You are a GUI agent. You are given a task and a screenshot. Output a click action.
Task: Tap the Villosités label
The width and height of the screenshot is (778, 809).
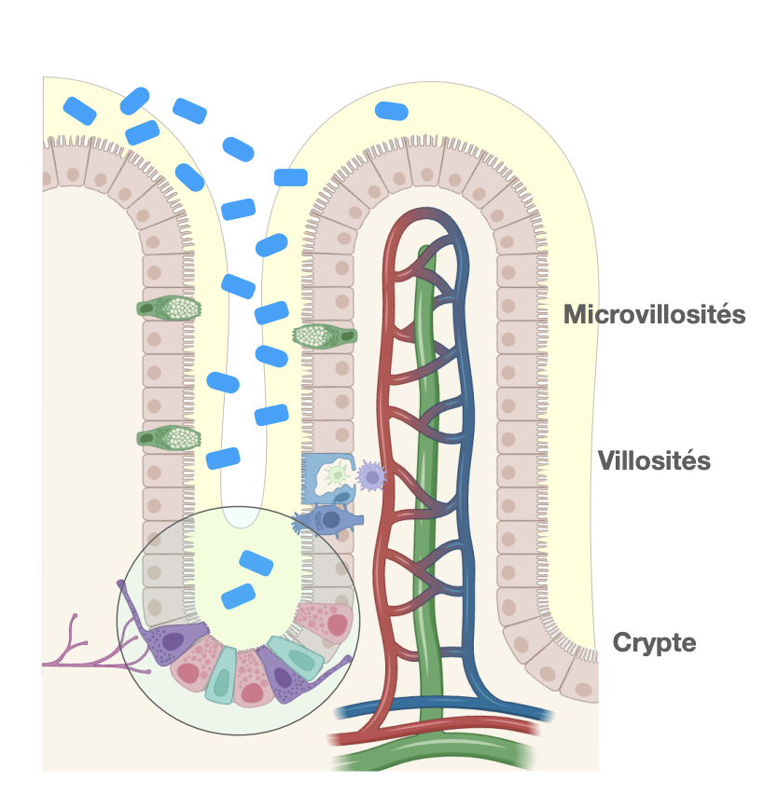[x=654, y=460]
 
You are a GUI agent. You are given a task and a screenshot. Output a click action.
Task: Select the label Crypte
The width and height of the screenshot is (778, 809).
[x=654, y=642]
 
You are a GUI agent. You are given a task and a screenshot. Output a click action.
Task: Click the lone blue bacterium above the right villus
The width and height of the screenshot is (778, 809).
[x=391, y=111]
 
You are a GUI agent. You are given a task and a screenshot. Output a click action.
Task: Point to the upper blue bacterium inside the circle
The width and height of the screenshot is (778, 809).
[x=257, y=563]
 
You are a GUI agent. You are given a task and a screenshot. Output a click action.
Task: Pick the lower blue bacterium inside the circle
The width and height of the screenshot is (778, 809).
[x=238, y=595]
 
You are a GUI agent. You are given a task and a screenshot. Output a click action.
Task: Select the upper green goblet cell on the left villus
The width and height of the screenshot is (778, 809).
[x=169, y=307]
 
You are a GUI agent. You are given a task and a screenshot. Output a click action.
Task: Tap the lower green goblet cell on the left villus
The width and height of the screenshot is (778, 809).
[x=169, y=436]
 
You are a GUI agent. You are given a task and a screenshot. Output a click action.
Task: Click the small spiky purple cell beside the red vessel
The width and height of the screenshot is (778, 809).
[x=372, y=477]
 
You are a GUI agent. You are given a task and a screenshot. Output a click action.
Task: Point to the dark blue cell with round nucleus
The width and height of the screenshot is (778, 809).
[x=327, y=520]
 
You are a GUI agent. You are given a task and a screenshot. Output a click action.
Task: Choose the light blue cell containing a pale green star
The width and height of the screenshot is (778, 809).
[x=327, y=477]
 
